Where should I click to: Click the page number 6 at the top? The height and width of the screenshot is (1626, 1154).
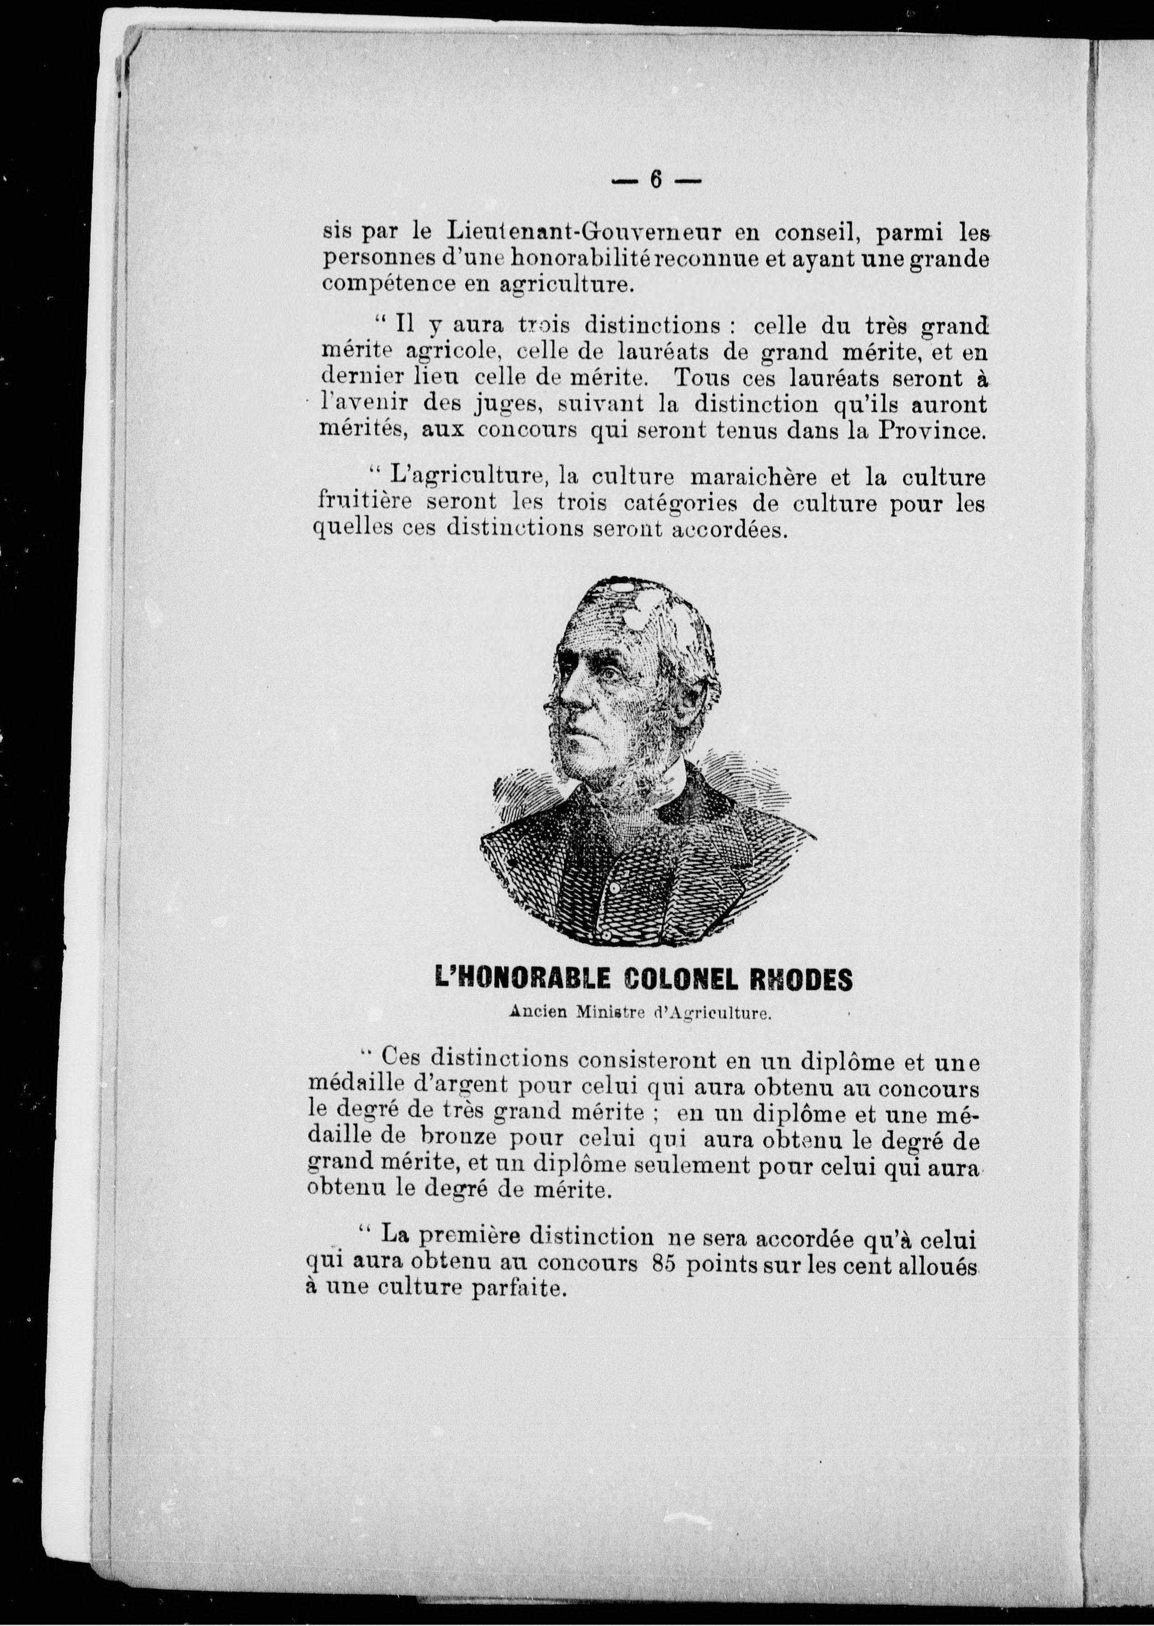coord(655,180)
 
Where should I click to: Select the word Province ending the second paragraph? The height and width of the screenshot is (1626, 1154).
coord(929,431)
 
